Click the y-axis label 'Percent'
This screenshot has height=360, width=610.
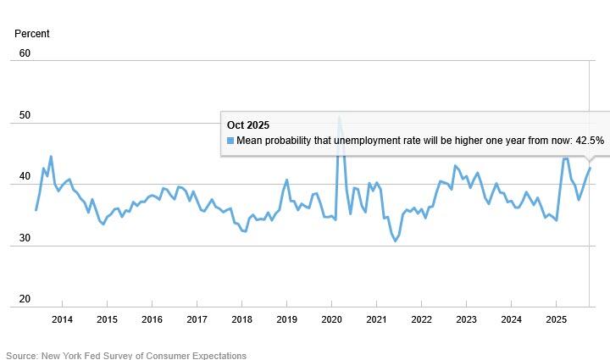pyautogui.click(x=32, y=34)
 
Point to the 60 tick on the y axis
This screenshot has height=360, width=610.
pyautogui.click(x=25, y=53)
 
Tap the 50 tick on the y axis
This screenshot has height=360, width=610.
pyautogui.click(x=25, y=115)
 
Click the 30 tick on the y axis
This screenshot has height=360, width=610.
pyautogui.click(x=25, y=238)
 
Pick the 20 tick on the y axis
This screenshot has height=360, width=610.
pyautogui.click(x=25, y=299)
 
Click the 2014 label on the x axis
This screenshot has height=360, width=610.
pyautogui.click(x=62, y=319)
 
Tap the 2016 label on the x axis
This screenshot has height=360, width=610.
pyautogui.click(x=152, y=319)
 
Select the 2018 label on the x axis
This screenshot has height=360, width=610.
pyautogui.click(x=241, y=319)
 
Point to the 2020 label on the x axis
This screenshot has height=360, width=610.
pyautogui.click(x=331, y=319)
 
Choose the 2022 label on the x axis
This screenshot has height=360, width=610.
pyautogui.click(x=421, y=319)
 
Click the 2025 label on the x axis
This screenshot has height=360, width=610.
pyautogui.click(x=556, y=319)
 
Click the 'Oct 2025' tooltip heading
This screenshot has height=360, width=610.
pyautogui.click(x=248, y=125)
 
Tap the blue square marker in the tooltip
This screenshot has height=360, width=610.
pyautogui.click(x=230, y=141)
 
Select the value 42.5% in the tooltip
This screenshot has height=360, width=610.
pyautogui.click(x=589, y=141)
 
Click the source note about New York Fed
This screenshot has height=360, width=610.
pyautogui.click(x=126, y=356)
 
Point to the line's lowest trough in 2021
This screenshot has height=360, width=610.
pyautogui.click(x=395, y=241)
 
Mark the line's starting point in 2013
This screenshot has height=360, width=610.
pyautogui.click(x=36, y=210)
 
